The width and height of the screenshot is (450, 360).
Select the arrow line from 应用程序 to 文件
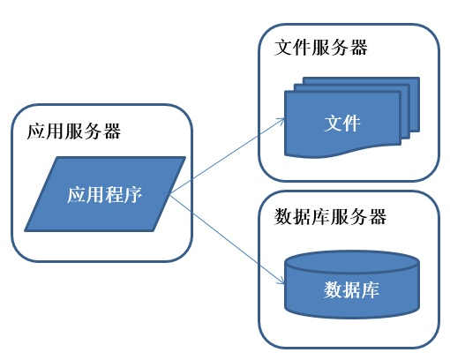pos(225,160)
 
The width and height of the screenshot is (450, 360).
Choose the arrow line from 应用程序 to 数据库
pos(225,239)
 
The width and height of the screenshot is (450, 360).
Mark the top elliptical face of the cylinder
pos(351,262)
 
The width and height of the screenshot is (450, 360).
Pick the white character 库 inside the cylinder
pos(371,289)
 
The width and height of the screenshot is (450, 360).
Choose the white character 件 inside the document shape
pos(352,123)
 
